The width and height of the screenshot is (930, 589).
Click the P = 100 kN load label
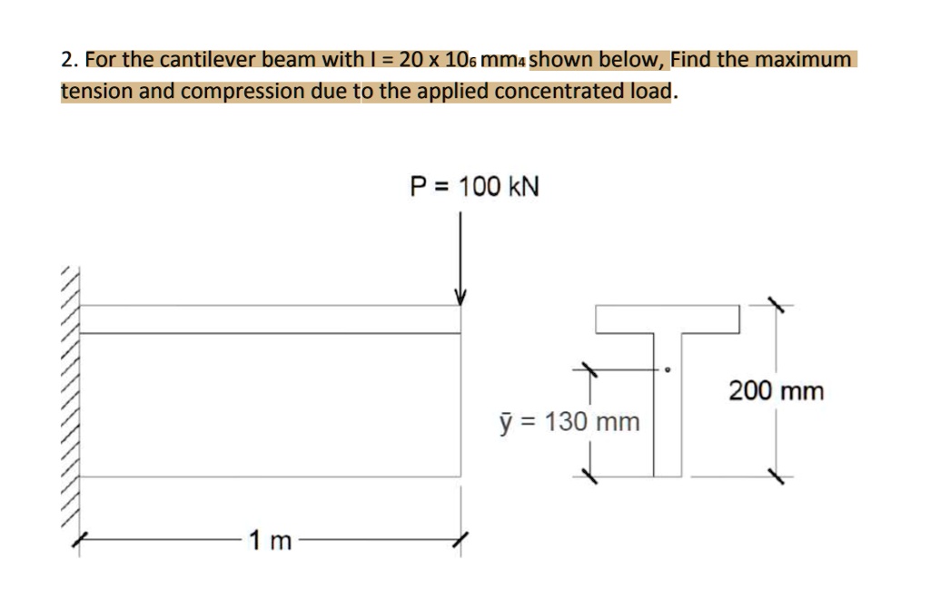[x=474, y=187]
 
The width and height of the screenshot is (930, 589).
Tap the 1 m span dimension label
[x=270, y=542]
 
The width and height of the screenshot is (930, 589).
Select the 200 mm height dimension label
[x=777, y=391]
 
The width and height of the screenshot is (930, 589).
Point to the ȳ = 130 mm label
[x=569, y=422]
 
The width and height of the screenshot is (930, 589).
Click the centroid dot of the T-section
[x=668, y=369]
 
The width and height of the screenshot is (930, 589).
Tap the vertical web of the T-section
[x=668, y=408]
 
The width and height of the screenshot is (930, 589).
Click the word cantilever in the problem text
[x=205, y=61]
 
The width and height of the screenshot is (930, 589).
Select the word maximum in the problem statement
[x=806, y=61]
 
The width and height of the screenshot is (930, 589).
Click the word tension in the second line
[x=97, y=92]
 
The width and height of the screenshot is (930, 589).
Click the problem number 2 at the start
[x=66, y=61]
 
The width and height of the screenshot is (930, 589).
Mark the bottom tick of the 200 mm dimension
[x=776, y=475]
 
